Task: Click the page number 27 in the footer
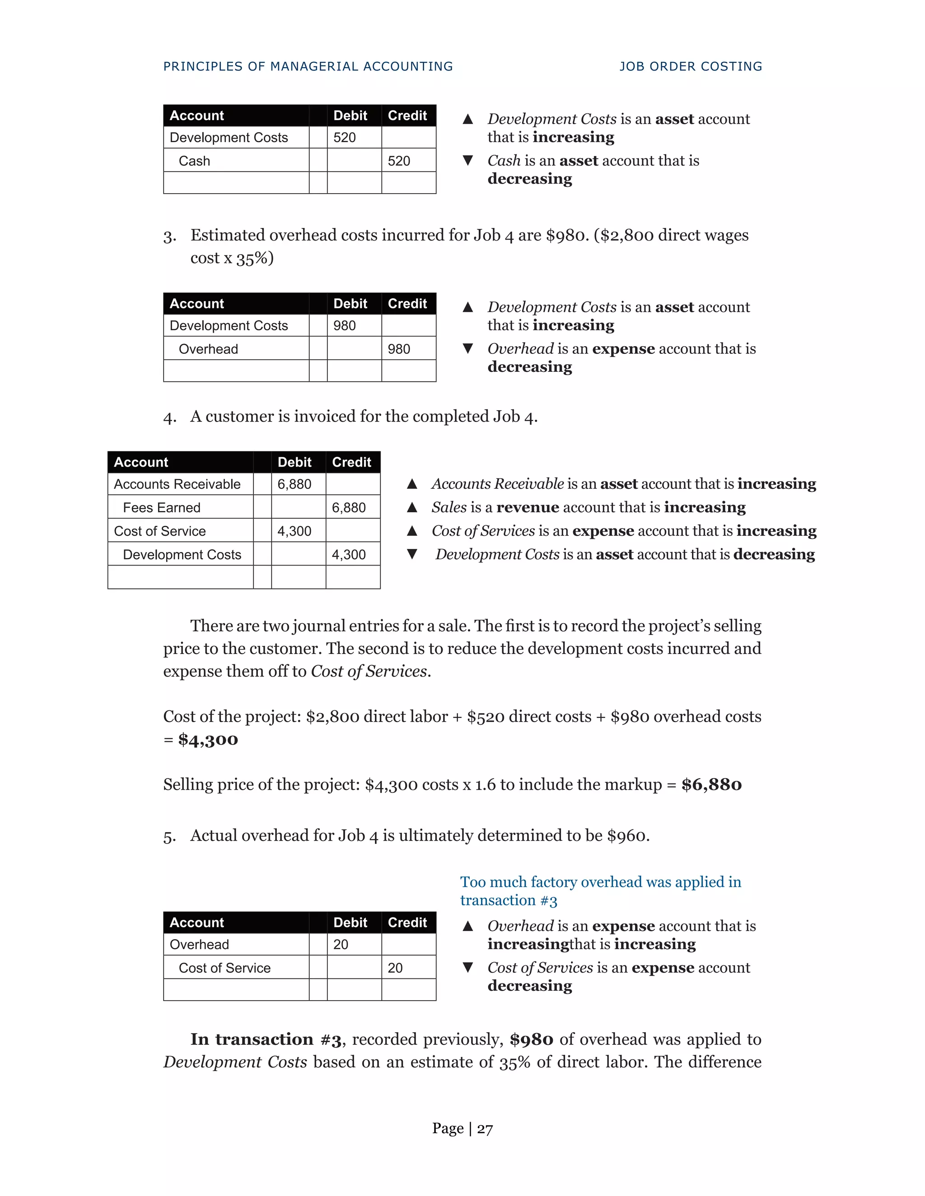click(x=485, y=1129)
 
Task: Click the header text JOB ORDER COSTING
click(x=691, y=66)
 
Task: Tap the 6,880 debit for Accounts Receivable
click(x=294, y=484)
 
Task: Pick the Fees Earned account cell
click(x=162, y=508)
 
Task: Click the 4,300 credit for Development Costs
click(x=349, y=555)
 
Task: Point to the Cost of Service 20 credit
click(x=395, y=968)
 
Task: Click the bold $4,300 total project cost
click(x=208, y=740)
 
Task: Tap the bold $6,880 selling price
click(x=711, y=785)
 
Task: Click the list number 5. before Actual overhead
click(x=169, y=837)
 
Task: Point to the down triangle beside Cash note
click(x=467, y=161)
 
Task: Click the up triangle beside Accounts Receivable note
click(x=412, y=484)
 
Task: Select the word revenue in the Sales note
click(x=527, y=508)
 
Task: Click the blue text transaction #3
click(x=508, y=901)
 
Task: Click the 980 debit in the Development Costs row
click(x=344, y=326)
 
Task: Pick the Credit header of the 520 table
click(x=407, y=116)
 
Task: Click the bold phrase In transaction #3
click(x=266, y=1039)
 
